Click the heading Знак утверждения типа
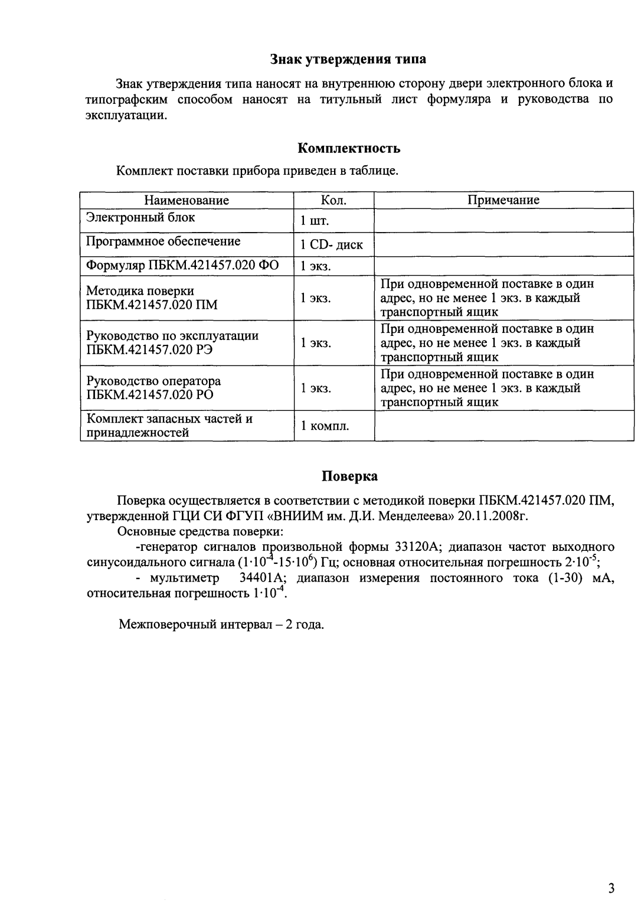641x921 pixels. (348, 59)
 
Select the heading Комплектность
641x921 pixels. (349, 148)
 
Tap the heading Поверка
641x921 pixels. (349, 476)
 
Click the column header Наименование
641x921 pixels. (187, 200)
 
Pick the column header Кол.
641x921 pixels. (333, 200)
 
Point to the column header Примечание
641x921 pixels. (503, 200)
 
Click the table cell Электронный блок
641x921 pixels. (140, 217)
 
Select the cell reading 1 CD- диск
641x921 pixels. (332, 245)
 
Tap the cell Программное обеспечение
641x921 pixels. (163, 241)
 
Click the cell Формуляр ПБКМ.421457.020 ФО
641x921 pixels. (182, 265)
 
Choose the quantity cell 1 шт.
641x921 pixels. (314, 221)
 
